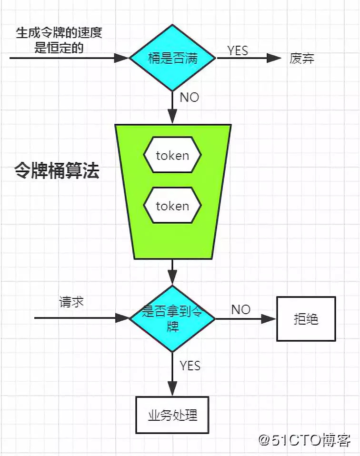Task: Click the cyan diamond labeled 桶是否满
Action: pyautogui.click(x=172, y=58)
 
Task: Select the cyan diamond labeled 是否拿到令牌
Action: pyautogui.click(x=172, y=318)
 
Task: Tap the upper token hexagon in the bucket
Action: pyautogui.click(x=172, y=155)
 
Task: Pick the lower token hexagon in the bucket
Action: pyautogui.click(x=172, y=206)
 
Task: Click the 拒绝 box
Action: pyautogui.click(x=306, y=318)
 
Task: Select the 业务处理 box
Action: pyautogui.click(x=172, y=415)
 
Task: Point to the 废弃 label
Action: pyautogui.click(x=302, y=59)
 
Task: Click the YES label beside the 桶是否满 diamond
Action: pyautogui.click(x=238, y=50)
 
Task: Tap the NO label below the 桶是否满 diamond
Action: pyautogui.click(x=190, y=98)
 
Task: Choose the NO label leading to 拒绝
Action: pyautogui.click(x=241, y=309)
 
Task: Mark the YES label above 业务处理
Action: pyautogui.click(x=190, y=366)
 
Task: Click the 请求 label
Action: pyautogui.click(x=72, y=302)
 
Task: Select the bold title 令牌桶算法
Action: pyautogui.click(x=57, y=171)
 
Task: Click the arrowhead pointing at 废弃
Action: pyautogui.click(x=274, y=58)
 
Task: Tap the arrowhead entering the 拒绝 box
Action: pyautogui.click(x=270, y=318)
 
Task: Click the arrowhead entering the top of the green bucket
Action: pyautogui.click(x=172, y=117)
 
